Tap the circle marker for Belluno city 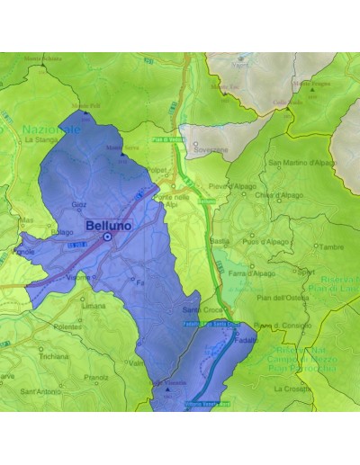[x=107, y=237]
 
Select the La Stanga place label [x=41, y=140]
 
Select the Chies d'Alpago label [x=275, y=195]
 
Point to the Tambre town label [x=331, y=246]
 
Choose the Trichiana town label [x=54, y=357]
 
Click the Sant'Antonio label [x=40, y=391]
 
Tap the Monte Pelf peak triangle [x=85, y=112]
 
